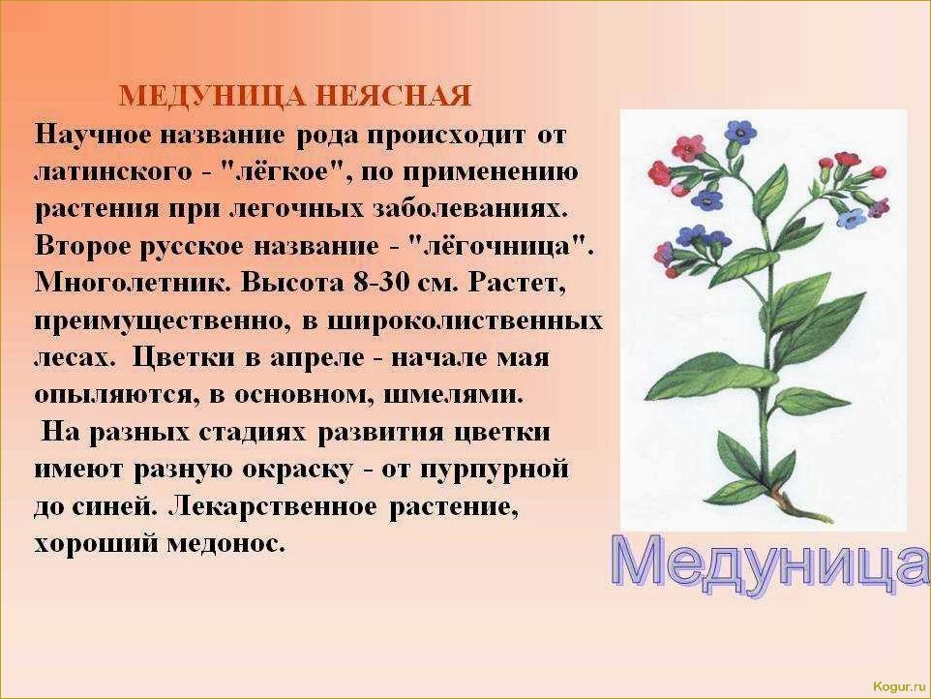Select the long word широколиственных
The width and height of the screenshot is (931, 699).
pyautogui.click(x=465, y=320)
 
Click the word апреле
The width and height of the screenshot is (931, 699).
pyautogui.click(x=317, y=358)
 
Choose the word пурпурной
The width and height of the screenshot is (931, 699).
pyautogui.click(x=494, y=470)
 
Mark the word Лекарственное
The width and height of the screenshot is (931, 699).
pyautogui.click(x=273, y=507)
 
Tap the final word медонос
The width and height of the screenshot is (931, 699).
pyautogui.click(x=225, y=544)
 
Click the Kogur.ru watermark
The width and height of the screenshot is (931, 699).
pyautogui.click(x=899, y=686)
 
